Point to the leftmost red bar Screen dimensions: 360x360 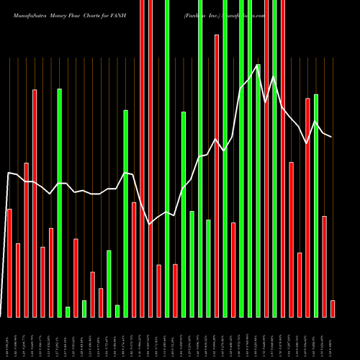(x=9, y=263)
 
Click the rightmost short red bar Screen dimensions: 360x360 (x=333, y=308)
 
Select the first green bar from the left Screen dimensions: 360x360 (x=59, y=202)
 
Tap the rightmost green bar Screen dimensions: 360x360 (x=316, y=205)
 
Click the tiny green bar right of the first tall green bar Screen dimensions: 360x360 (x=68, y=312)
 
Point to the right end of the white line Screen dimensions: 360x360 (x=332, y=137)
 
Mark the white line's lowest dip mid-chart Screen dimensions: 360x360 (x=150, y=224)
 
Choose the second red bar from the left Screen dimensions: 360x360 (x=18, y=280)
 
